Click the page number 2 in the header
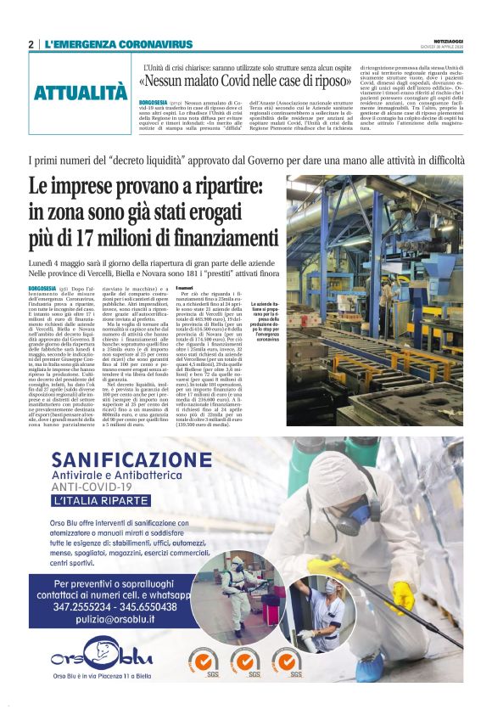tap(31, 44)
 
